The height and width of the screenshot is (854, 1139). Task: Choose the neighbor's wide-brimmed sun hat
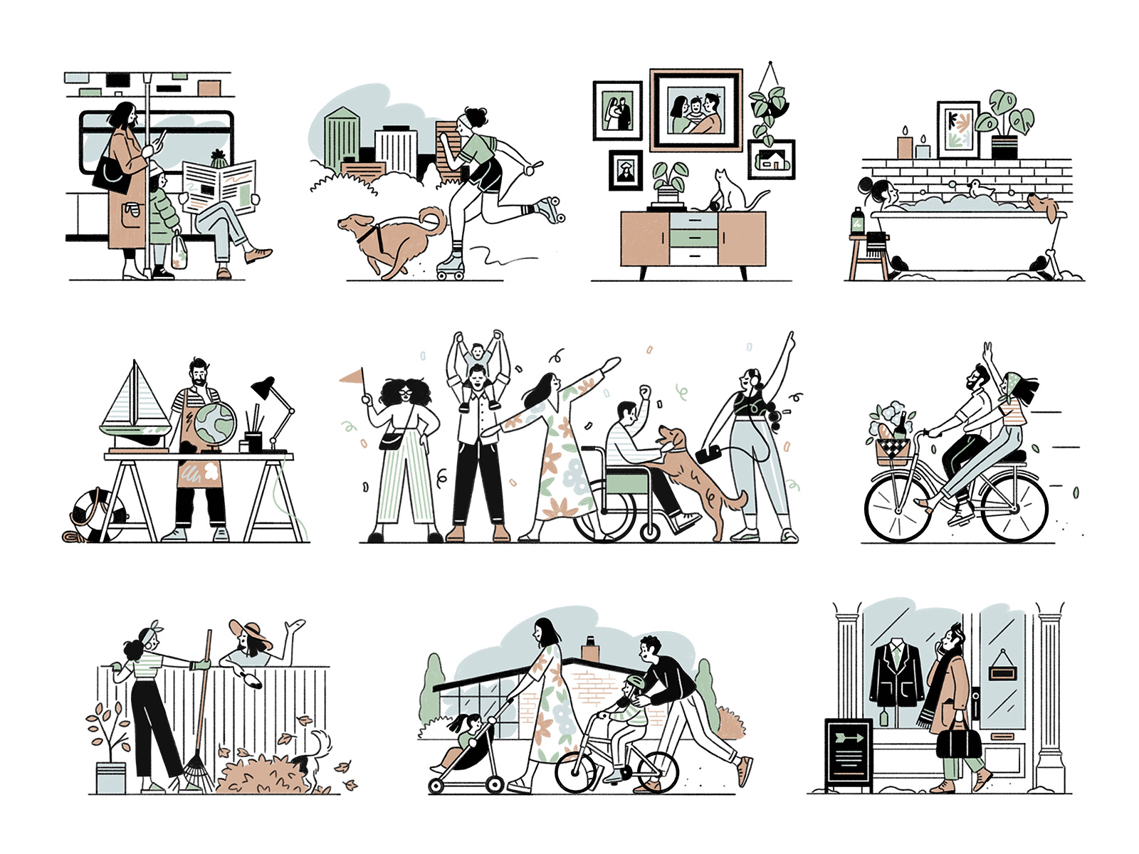point(249,633)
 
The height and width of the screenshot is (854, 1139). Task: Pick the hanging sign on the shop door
point(1003,670)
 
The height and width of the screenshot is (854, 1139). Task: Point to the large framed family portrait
point(696,110)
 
